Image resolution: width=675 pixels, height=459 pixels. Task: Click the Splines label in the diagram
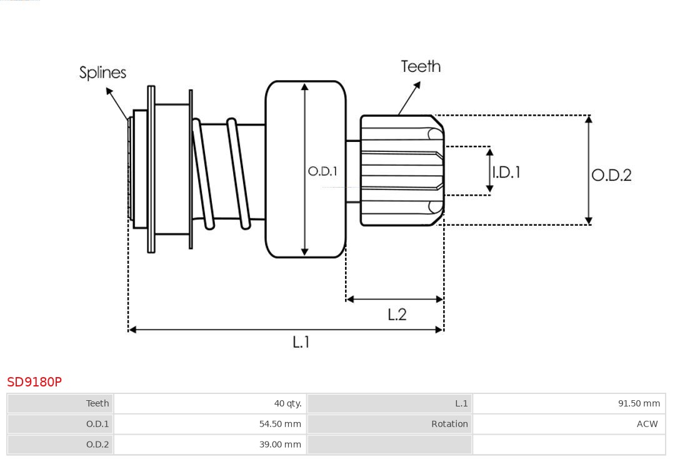[x=102, y=73]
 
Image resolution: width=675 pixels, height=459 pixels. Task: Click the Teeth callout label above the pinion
[x=421, y=66]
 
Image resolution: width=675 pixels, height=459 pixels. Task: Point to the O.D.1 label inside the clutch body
[x=322, y=171]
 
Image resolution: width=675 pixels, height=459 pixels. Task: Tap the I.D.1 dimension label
[x=506, y=172]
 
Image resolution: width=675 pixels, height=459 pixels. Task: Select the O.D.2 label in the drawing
[x=611, y=175]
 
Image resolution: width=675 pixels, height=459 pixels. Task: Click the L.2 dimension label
[x=397, y=315]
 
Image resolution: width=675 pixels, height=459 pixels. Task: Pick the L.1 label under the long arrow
[x=301, y=342]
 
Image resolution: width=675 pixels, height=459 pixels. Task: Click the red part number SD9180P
[x=34, y=381]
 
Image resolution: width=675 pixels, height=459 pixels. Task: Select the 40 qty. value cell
[x=287, y=403]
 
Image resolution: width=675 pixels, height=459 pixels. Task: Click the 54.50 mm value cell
[x=280, y=424]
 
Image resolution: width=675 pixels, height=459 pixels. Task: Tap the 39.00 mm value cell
[x=280, y=445]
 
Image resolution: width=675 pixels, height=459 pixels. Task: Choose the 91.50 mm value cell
[x=639, y=403]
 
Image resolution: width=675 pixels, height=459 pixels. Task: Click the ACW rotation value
[x=647, y=424]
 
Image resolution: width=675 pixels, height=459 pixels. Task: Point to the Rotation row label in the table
[x=449, y=424]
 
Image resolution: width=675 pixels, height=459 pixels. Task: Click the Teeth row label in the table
[x=97, y=403]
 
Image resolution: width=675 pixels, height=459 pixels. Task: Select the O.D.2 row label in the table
[x=97, y=445]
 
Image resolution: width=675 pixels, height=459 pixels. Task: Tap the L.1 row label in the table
[x=461, y=403]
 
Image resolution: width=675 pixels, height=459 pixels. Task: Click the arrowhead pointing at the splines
[x=109, y=91]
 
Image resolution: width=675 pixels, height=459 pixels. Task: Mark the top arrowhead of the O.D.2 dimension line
[x=588, y=119]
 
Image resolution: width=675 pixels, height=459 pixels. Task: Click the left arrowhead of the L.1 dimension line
[x=132, y=330]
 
